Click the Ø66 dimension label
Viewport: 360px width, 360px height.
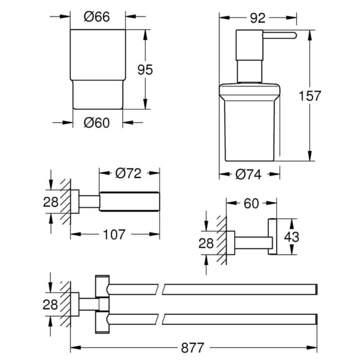pyautogui.click(x=97, y=17)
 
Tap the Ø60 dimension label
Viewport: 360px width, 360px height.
pyautogui.click(x=97, y=123)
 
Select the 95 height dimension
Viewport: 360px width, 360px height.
pyautogui.click(x=145, y=70)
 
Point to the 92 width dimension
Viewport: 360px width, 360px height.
pyautogui.click(x=258, y=18)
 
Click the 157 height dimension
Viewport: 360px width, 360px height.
pyautogui.click(x=310, y=96)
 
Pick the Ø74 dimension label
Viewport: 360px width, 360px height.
pyautogui.click(x=248, y=175)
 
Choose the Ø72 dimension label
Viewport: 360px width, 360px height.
pyautogui.click(x=129, y=173)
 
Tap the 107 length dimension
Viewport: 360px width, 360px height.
pyautogui.click(x=114, y=235)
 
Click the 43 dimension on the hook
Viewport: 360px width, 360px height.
pyautogui.click(x=292, y=237)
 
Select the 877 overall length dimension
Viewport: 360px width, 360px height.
pyautogui.click(x=192, y=348)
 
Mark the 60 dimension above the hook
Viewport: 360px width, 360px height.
pyautogui.click(x=251, y=204)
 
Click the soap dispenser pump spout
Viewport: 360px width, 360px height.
pyautogui.click(x=279, y=35)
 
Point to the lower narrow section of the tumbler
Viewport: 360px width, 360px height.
pyautogui.click(x=98, y=95)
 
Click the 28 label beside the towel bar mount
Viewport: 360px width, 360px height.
pyautogui.click(x=50, y=304)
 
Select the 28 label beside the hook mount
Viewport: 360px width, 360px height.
pyautogui.click(x=206, y=243)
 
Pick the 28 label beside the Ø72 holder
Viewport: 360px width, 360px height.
pyautogui.click(x=50, y=202)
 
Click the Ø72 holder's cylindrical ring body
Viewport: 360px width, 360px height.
pyautogui.click(x=130, y=202)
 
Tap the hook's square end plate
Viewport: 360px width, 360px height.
pyautogui.click(x=272, y=237)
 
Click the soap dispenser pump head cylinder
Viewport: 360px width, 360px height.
pyautogui.click(x=249, y=45)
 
